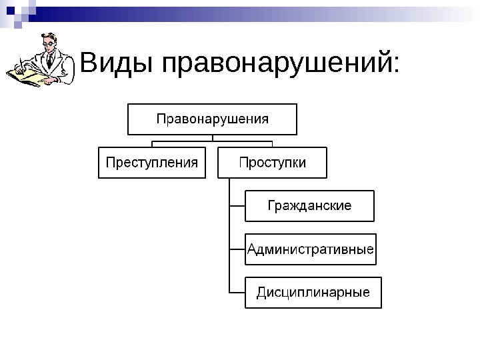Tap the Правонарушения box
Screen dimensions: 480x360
213,119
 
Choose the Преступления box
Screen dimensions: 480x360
152,163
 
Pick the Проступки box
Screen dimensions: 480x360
272,163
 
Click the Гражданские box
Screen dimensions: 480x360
310,205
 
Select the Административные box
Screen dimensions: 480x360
311,250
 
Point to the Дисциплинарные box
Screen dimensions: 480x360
313,293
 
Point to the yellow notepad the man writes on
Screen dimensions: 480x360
27,77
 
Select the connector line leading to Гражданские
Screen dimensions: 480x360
237,206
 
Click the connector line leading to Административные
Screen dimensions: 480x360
237,250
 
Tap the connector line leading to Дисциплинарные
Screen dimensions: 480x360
237,293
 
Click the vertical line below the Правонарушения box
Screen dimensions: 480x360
213,138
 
